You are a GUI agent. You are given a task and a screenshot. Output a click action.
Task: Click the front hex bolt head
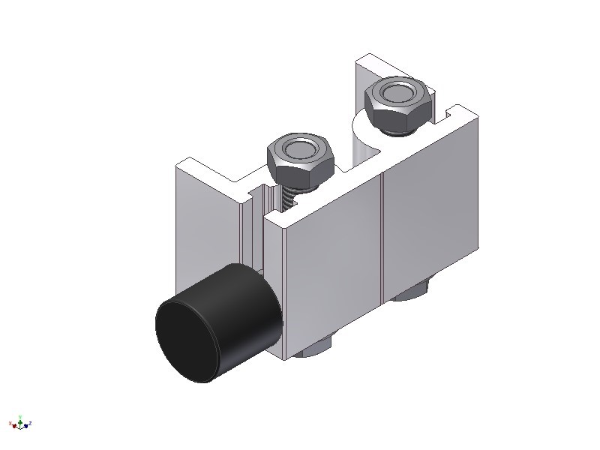click(298, 159)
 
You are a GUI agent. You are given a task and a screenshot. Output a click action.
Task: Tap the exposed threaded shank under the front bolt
click(289, 196)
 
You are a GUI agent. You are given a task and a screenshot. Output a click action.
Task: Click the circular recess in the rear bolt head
click(396, 92)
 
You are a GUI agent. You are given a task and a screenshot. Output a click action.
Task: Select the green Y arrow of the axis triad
click(21, 418)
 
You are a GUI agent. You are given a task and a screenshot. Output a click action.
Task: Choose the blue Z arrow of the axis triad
click(28, 424)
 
